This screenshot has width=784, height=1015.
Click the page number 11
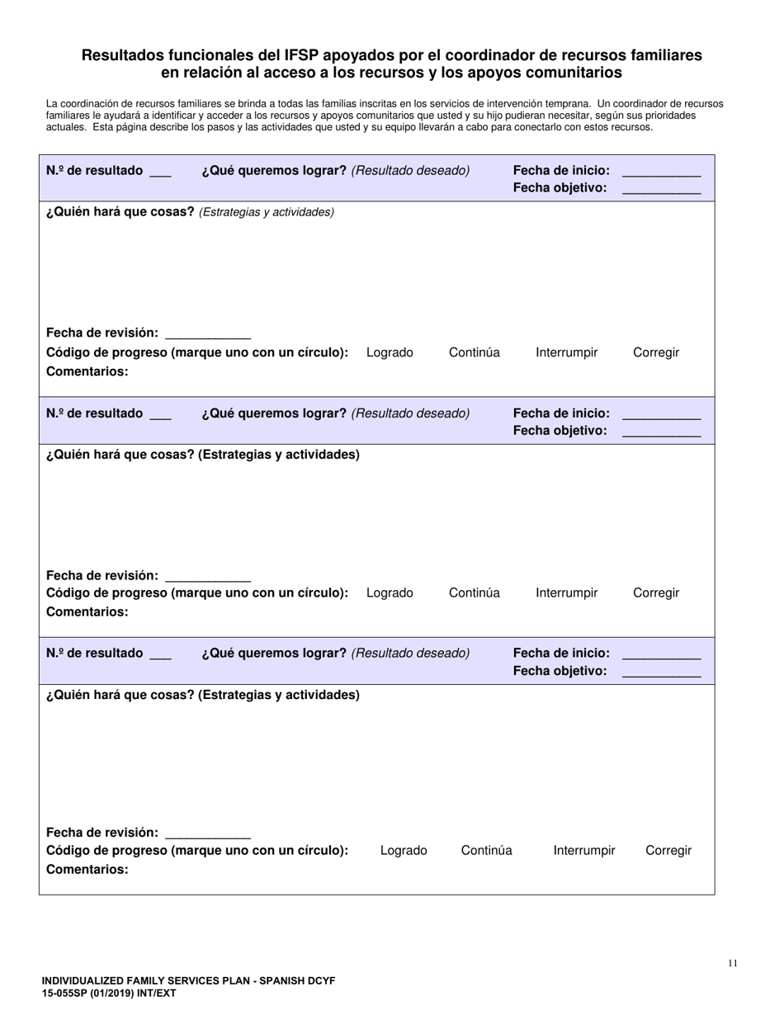[733, 962]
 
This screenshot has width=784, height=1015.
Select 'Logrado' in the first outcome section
[390, 352]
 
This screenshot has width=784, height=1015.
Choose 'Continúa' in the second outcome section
[474, 592]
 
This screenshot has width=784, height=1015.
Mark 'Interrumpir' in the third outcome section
[583, 850]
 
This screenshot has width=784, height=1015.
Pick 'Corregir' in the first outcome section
[656, 352]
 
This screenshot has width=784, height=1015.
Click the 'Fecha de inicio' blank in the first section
[660, 172]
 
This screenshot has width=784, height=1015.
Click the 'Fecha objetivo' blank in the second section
[660, 431]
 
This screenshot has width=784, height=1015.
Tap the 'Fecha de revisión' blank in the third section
[208, 833]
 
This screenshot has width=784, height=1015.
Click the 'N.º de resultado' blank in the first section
[160, 172]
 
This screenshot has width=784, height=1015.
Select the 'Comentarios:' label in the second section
[87, 611]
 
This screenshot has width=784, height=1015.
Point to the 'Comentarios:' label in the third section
[87, 869]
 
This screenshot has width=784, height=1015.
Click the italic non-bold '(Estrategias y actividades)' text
[267, 212]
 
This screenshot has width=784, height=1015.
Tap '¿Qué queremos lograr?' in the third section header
[273, 653]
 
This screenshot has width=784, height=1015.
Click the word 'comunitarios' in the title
[574, 73]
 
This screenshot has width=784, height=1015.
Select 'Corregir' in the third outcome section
[668, 850]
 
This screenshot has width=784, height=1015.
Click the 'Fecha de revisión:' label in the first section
[102, 333]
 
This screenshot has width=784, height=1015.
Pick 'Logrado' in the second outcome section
[390, 592]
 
